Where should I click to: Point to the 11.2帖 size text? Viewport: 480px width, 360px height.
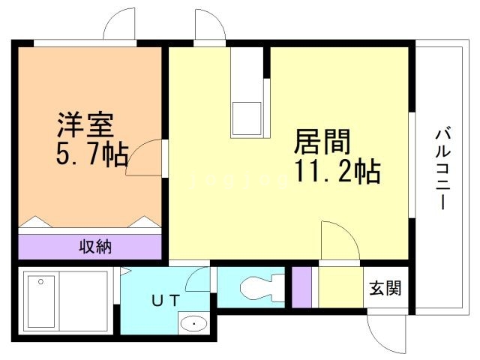coord(337,172)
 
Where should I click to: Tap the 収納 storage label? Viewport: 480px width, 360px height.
coord(95,247)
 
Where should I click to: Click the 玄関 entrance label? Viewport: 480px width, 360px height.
coord(385,287)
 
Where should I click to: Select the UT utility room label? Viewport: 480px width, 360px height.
coord(166,301)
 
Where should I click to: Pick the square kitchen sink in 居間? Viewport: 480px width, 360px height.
coord(247,117)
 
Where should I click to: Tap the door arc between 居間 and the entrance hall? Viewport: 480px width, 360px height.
coord(337,240)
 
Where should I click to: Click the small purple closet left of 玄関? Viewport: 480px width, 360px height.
coord(301,286)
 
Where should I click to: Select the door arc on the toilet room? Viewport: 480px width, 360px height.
coord(199,280)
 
